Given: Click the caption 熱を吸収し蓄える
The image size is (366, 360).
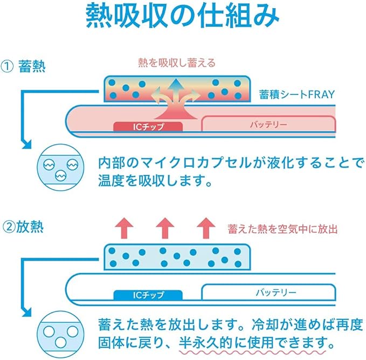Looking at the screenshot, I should click(x=176, y=63).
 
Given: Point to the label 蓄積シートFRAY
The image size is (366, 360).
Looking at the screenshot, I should click(x=298, y=94).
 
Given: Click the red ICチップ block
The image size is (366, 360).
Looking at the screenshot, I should click(x=148, y=126).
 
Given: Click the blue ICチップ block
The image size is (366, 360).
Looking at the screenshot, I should click(x=148, y=295).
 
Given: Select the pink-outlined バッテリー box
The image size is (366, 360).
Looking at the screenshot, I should click(x=268, y=124).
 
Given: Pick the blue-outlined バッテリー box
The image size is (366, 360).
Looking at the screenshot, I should click(x=268, y=292).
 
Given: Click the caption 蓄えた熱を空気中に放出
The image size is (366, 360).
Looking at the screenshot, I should click(x=282, y=229).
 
